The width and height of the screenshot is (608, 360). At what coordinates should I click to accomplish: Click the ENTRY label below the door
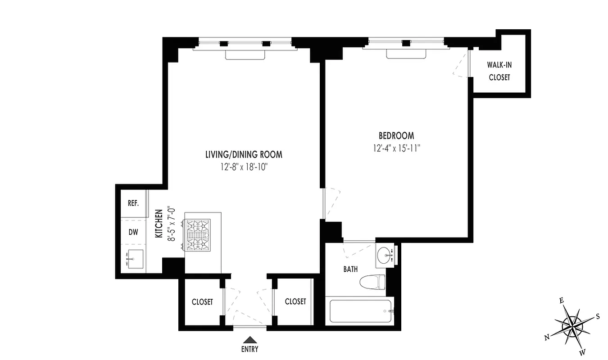pos(250,349)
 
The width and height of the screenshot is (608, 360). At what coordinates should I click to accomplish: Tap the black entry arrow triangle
pos(250,340)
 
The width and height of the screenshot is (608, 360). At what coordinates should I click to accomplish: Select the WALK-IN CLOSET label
pos(499,71)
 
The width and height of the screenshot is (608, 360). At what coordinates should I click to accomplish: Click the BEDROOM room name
pos(396,135)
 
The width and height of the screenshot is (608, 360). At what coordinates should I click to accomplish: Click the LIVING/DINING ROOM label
pos(244,155)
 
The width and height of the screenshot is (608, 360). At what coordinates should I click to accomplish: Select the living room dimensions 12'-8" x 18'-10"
pos(244,167)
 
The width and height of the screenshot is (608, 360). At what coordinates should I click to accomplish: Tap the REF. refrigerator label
pos(133,203)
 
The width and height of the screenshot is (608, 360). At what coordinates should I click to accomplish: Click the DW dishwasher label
pos(133,232)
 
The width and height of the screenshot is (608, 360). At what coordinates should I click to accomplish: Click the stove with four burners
pos(198,235)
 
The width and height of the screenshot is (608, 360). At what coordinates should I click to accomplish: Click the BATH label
pos(351,270)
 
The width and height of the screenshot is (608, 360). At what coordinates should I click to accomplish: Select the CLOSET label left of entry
pos(202,302)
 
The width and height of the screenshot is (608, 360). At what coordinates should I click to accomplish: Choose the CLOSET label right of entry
pos(295,301)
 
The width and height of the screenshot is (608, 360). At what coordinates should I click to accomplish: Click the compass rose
pos(572,324)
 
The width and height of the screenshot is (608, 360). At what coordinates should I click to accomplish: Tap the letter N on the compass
pos(547,338)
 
